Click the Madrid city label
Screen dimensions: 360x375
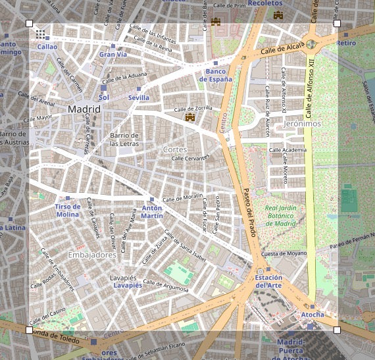[x=84, y=109]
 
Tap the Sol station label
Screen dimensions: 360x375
[x=103, y=97]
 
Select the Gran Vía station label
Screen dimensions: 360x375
[x=113, y=55]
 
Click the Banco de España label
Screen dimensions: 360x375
[x=216, y=75]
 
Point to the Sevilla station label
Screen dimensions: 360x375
[x=139, y=97]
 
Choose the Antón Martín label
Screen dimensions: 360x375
[x=152, y=211]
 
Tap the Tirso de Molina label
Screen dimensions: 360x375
[x=67, y=211]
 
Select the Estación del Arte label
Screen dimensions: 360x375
[x=268, y=281]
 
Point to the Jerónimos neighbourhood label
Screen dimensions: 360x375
[x=302, y=123]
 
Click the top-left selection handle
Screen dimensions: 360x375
[x=29, y=24]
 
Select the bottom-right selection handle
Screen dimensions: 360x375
[x=337, y=330]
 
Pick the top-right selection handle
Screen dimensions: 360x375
[x=337, y=24]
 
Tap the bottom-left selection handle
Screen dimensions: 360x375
[x=29, y=330]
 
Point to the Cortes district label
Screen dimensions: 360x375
[x=175, y=149]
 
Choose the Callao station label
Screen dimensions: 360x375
[x=47, y=47]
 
